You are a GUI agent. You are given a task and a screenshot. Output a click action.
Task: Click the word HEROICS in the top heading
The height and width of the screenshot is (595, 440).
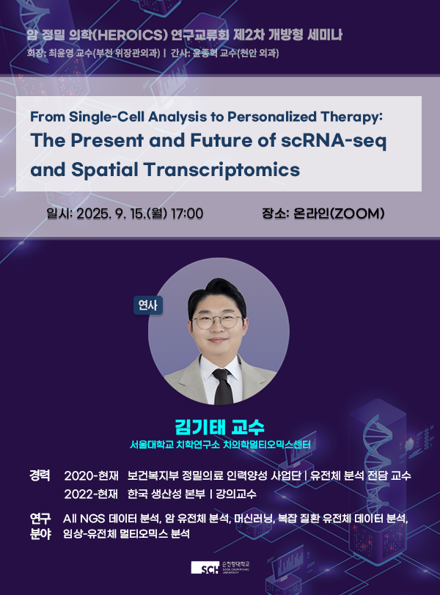tap(130, 35)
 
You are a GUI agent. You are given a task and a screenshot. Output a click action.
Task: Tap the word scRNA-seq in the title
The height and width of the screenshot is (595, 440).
tap(334, 141)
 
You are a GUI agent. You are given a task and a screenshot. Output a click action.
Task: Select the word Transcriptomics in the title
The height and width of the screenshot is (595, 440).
tap(222, 169)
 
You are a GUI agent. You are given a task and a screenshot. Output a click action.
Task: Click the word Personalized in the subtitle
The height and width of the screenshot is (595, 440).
tap(272, 117)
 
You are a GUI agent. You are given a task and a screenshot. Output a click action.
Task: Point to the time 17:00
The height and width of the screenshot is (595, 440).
tap(186, 213)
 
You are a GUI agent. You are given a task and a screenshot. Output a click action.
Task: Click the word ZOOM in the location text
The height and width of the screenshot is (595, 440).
tap(357, 213)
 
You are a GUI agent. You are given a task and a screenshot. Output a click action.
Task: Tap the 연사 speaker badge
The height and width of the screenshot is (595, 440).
tap(148, 305)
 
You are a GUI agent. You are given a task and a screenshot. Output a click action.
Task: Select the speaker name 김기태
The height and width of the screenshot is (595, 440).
tap(200, 427)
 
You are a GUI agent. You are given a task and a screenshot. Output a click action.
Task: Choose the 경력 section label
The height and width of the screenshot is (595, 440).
tap(40, 475)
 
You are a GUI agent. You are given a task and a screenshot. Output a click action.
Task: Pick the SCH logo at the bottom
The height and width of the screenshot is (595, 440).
tap(205, 568)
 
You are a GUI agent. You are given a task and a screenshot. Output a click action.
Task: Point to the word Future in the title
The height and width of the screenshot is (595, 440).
tap(221, 141)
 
